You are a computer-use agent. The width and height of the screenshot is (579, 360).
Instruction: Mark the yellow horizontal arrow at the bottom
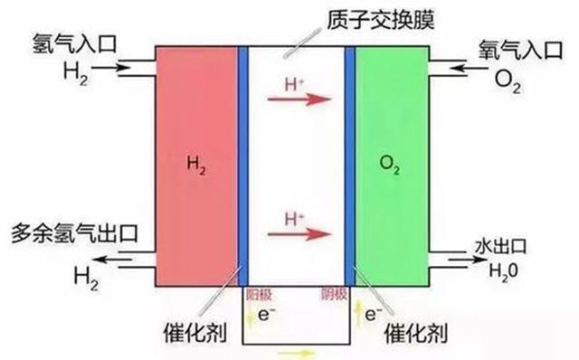tap(297, 353)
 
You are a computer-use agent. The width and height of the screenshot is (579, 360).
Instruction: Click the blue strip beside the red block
tap(242, 163)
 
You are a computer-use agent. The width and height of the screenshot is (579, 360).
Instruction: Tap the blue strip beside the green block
tap(349, 163)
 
